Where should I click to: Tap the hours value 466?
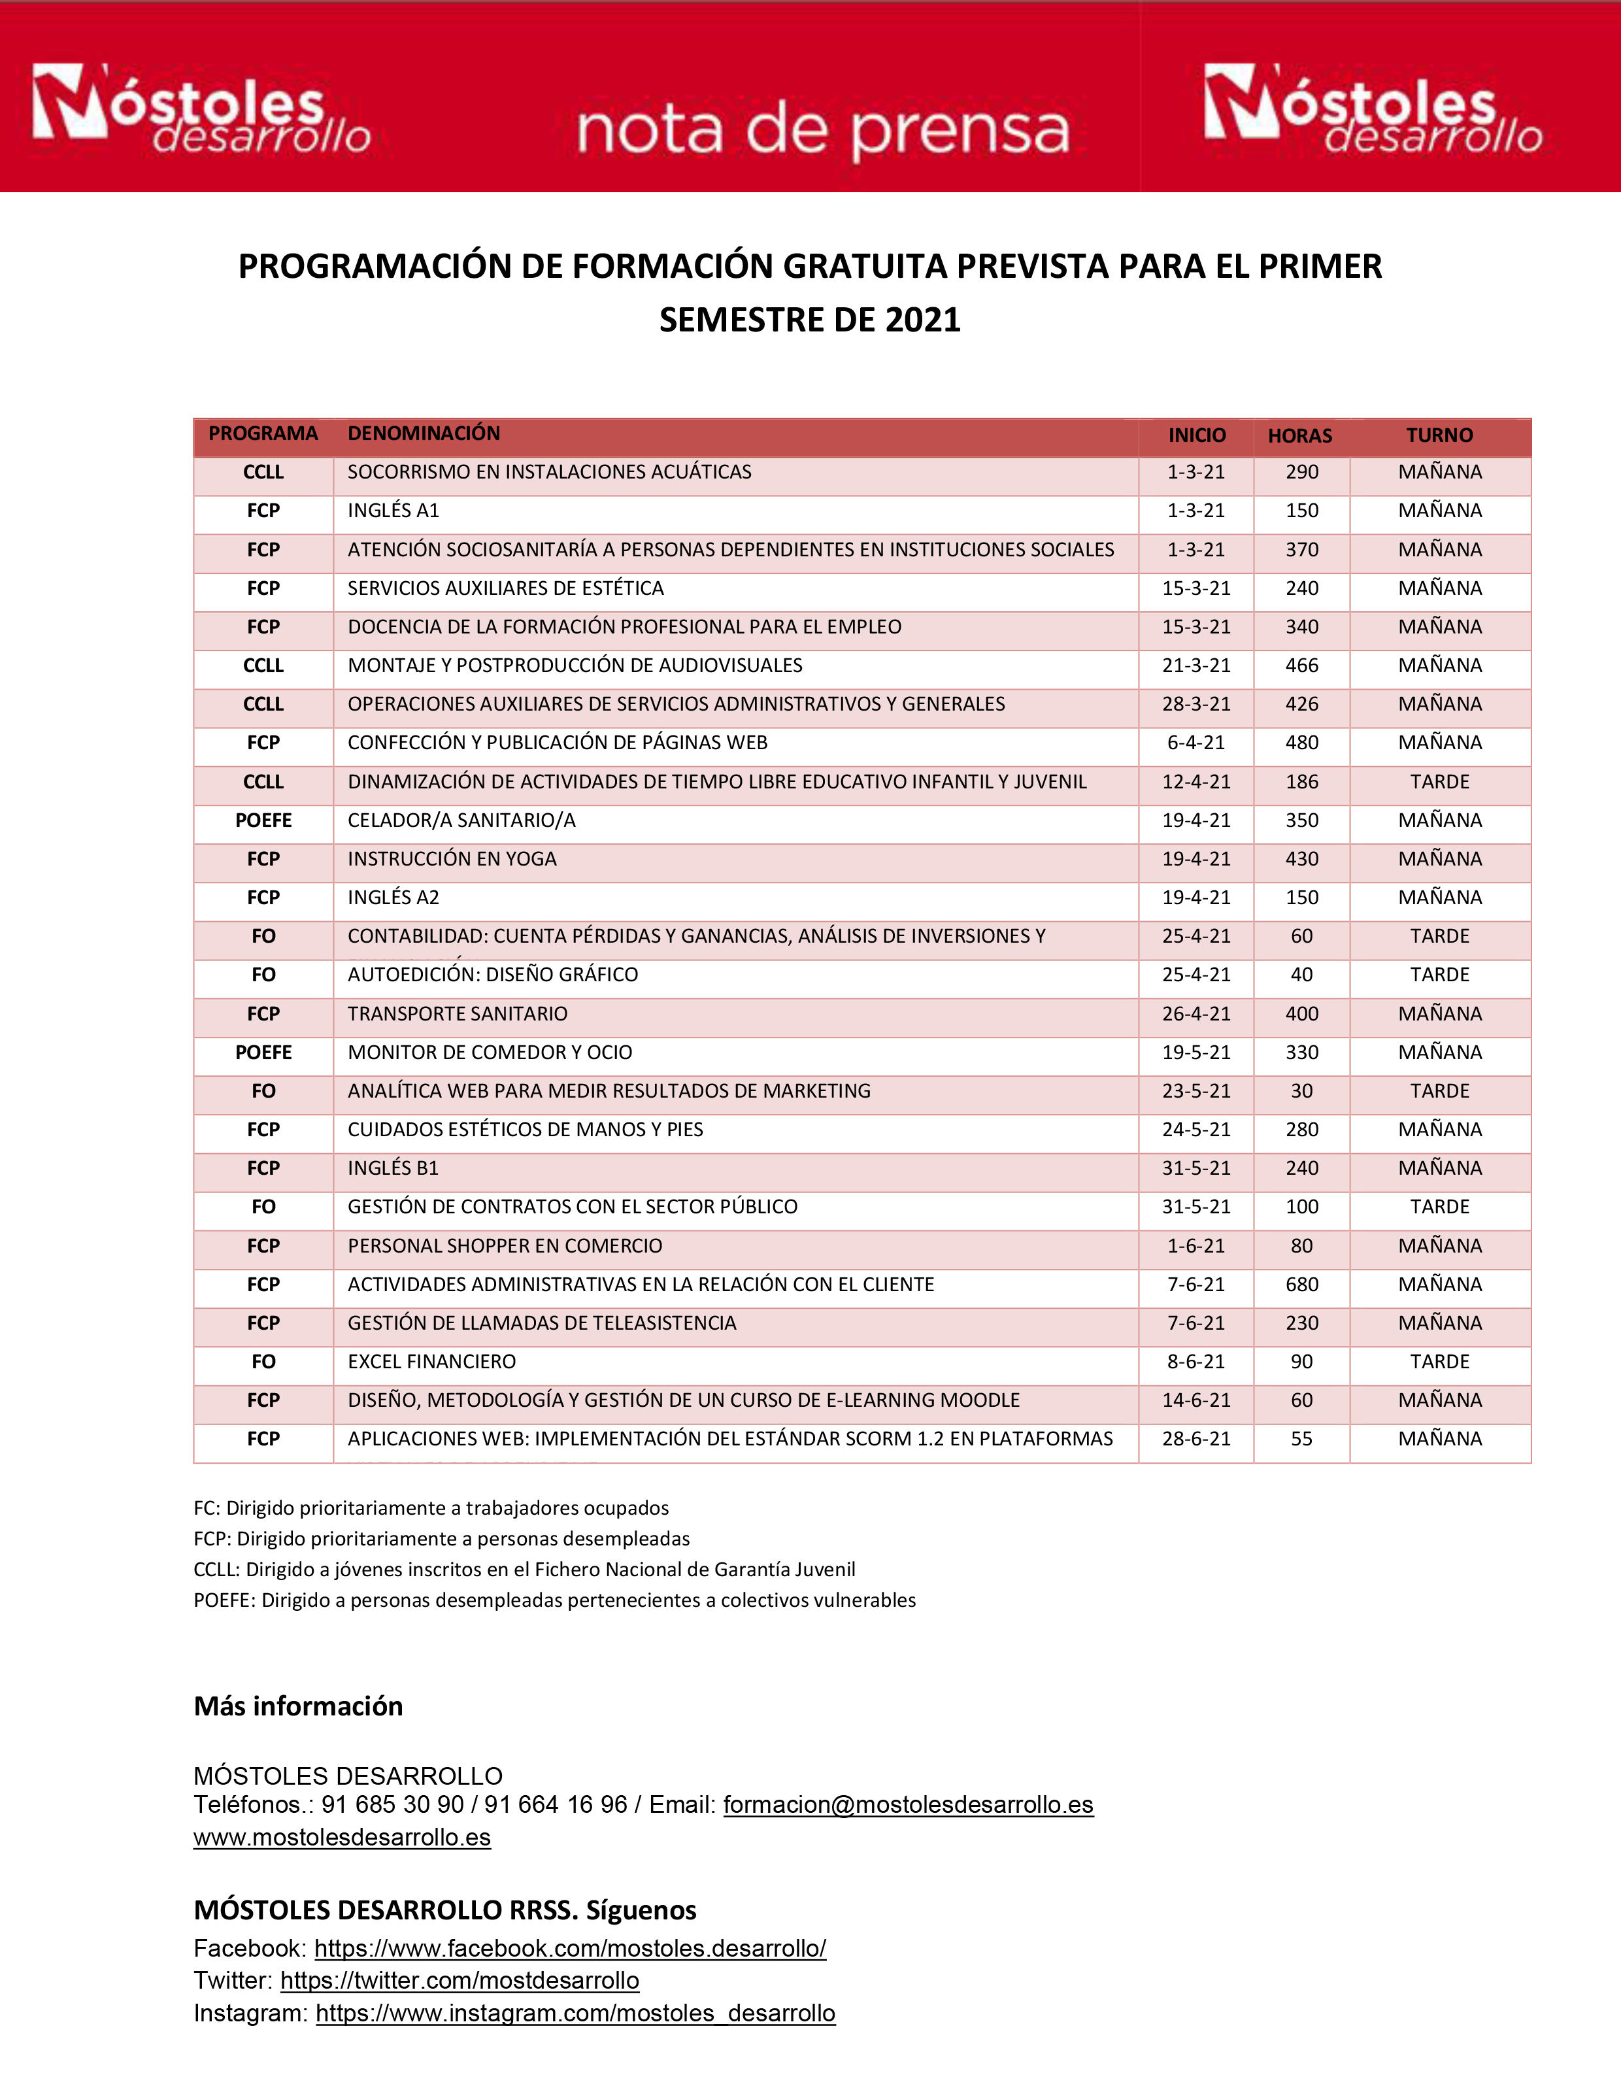click(x=1301, y=665)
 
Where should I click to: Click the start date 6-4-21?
click(x=1195, y=743)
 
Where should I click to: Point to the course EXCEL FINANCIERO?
click(x=431, y=1362)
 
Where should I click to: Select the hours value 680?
click(x=1301, y=1284)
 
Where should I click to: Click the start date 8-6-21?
click(x=1195, y=1362)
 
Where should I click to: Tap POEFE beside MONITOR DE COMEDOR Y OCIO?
click(x=263, y=1053)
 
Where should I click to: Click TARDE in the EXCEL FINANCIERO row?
click(x=1439, y=1362)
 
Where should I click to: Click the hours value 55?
click(x=1301, y=1440)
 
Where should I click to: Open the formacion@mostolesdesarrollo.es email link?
click(x=908, y=1805)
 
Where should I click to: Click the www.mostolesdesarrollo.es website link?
click(x=342, y=1838)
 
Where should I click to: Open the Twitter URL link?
click(x=460, y=1981)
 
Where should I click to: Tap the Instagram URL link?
click(x=575, y=2014)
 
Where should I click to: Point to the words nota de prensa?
click(x=823, y=131)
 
